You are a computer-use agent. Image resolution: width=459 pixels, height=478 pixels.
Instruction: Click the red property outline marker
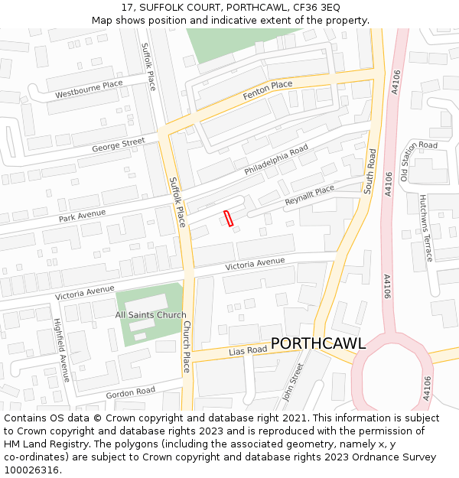pos(228,218)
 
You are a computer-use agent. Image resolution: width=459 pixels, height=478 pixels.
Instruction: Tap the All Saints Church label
pos(151,315)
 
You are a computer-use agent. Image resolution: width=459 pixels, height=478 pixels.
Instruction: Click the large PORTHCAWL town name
pos(318,343)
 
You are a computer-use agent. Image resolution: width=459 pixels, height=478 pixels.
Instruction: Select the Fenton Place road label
pos(268,90)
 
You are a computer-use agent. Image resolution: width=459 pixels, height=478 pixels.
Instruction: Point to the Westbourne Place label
pos(89,89)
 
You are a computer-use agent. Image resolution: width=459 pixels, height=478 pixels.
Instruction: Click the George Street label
pos(118,144)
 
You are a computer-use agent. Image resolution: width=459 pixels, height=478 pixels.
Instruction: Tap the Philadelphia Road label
pos(276,160)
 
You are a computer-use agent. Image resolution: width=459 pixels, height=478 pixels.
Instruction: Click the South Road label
pos(371,171)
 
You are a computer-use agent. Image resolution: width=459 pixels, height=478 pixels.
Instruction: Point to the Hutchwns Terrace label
pos(425,227)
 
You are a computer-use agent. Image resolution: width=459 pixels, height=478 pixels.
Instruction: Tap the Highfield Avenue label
pos(61,351)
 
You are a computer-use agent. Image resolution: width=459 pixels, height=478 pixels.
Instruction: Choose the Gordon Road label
pos(130,392)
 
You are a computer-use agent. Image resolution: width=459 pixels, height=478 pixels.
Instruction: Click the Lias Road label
pos(248,350)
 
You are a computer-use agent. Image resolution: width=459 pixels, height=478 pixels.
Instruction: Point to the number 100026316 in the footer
pos(31,470)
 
